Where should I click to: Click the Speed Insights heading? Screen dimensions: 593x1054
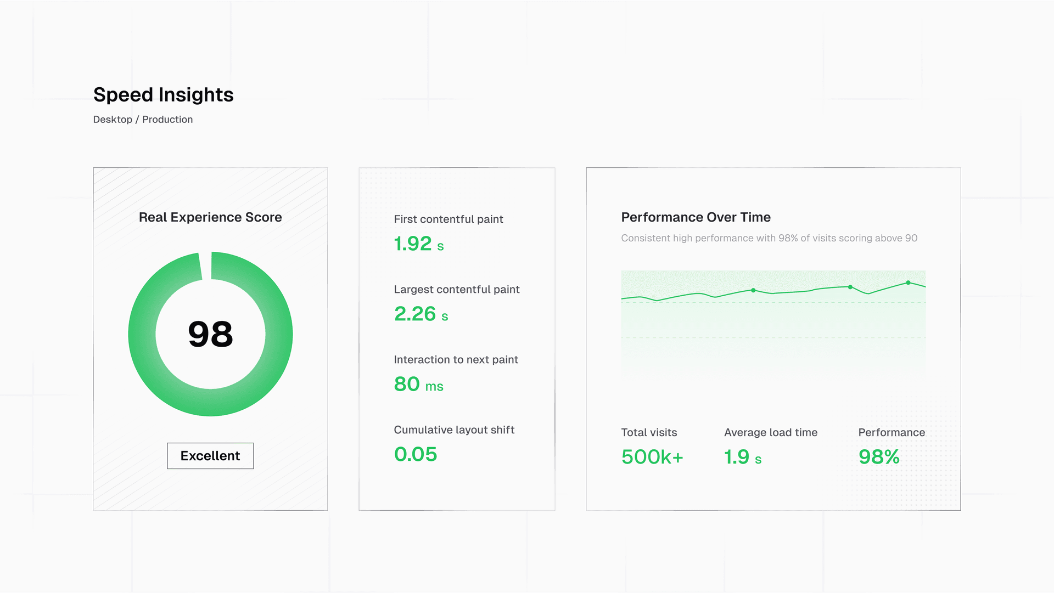pos(163,95)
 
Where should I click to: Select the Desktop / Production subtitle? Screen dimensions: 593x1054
pos(143,120)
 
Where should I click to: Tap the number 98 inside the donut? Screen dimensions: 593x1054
pos(210,334)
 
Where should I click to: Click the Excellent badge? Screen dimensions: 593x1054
pos(210,456)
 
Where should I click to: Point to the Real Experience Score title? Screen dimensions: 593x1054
pos(210,217)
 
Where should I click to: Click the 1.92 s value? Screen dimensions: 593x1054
pos(418,244)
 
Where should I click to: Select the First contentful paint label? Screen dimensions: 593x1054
pos(448,219)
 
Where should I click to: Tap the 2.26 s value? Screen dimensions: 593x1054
pos(421,314)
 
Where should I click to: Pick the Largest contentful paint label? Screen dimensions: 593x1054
pos(456,290)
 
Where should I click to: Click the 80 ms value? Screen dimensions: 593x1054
pos(418,384)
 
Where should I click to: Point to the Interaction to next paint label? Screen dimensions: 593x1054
pos(456,360)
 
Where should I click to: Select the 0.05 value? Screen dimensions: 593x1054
pos(415,454)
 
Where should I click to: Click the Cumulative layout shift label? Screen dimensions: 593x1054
pos(454,430)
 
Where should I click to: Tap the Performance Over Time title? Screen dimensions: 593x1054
pos(696,217)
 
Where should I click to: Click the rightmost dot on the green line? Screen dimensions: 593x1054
pos(908,283)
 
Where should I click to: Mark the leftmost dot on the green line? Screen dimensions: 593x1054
pos(753,290)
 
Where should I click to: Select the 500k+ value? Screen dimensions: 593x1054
pos(652,457)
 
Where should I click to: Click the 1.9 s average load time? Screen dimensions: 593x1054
pos(742,457)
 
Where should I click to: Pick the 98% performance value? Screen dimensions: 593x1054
pos(878,457)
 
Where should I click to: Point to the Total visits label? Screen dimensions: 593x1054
pos(649,433)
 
